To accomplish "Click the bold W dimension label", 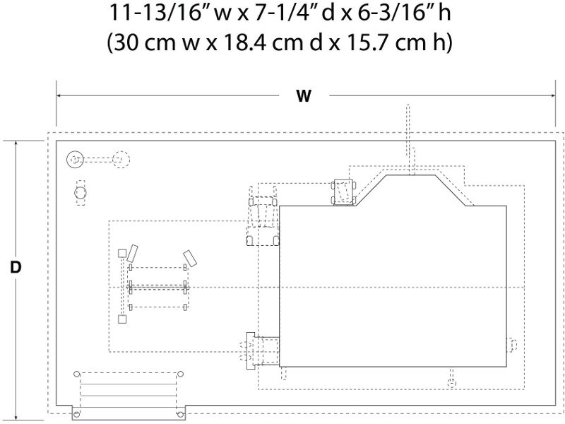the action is (x=304, y=96).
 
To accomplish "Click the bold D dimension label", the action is (x=16, y=268).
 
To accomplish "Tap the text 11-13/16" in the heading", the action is (x=157, y=13).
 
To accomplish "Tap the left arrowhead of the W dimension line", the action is (x=59, y=96).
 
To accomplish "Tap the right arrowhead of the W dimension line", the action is (x=553, y=96).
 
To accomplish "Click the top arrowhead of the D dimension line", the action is (x=16, y=143).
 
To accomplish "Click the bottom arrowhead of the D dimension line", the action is (x=16, y=418).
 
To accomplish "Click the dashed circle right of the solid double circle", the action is (x=121, y=160).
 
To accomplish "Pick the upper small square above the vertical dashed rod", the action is (x=122, y=253).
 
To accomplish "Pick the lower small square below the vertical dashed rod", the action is (x=122, y=319).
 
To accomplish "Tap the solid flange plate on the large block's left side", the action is (x=251, y=351).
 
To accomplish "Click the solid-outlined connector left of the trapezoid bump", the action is (x=343, y=192).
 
